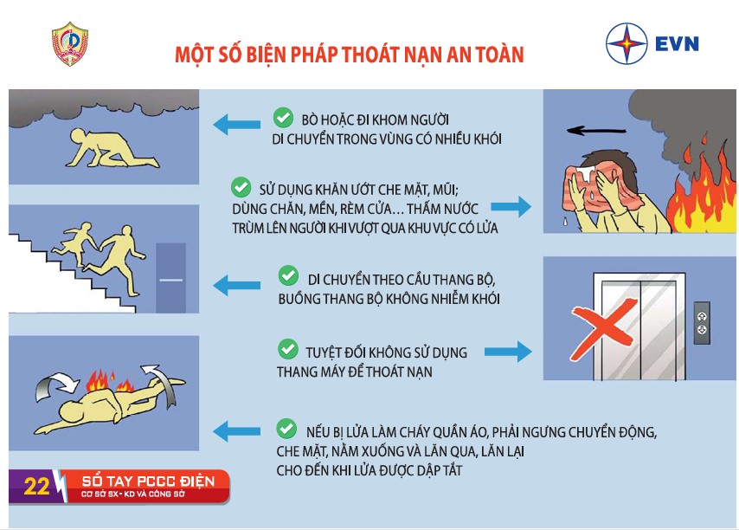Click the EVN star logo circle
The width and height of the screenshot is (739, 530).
click(627, 43)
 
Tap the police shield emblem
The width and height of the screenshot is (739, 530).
click(70, 44)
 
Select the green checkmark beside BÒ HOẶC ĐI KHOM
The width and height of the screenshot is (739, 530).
click(283, 118)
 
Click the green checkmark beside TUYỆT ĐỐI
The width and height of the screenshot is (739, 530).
click(288, 349)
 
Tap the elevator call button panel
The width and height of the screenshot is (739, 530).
click(702, 322)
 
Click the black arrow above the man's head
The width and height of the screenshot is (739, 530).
click(596, 130)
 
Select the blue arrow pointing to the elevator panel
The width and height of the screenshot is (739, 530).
click(508, 352)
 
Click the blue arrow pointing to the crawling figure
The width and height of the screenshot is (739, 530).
click(236, 125)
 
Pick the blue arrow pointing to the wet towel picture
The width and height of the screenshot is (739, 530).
click(511, 206)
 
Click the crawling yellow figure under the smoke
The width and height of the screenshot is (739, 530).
click(112, 148)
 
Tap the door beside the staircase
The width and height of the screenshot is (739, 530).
click(170, 278)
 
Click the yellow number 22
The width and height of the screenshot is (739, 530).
click(36, 487)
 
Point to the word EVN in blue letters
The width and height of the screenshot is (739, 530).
click(677, 44)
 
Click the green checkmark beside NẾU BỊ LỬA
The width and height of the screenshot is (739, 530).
click(286, 429)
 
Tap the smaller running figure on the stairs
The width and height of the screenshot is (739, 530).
click(75, 242)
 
